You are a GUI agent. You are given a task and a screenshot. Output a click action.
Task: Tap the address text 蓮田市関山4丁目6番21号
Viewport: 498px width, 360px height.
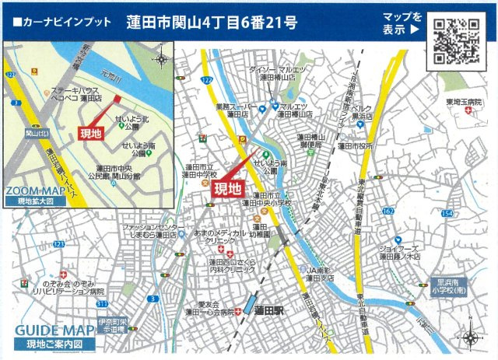click(212, 23)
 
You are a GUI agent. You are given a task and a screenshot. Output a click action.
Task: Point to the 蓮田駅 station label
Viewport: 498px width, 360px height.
click(269, 310)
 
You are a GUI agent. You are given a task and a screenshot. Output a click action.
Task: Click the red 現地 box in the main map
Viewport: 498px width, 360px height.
click(227, 188)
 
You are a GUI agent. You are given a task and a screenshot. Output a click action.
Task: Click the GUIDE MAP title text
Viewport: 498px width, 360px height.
click(45, 330)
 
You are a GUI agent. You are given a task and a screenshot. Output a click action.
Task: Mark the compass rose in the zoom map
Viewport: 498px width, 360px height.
click(160, 58)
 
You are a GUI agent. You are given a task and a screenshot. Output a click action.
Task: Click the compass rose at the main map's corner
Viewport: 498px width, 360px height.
click(472, 337)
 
